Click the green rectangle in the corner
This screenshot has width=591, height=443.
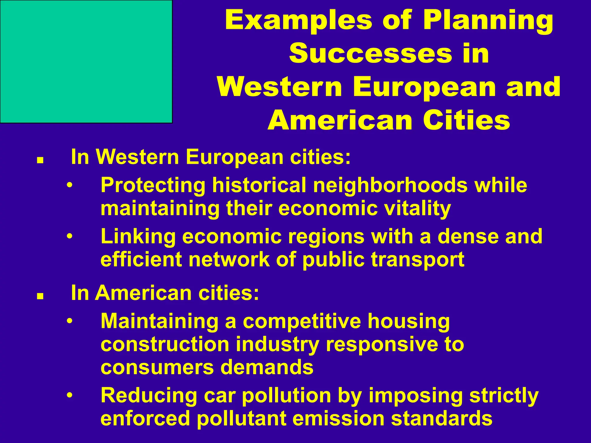86,61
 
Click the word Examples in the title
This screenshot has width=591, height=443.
298,21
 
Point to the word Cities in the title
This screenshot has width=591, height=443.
467,121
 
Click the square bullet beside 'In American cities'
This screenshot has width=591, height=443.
40,296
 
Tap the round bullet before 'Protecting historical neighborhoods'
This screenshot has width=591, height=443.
69,185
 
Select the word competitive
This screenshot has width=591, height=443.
302,321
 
